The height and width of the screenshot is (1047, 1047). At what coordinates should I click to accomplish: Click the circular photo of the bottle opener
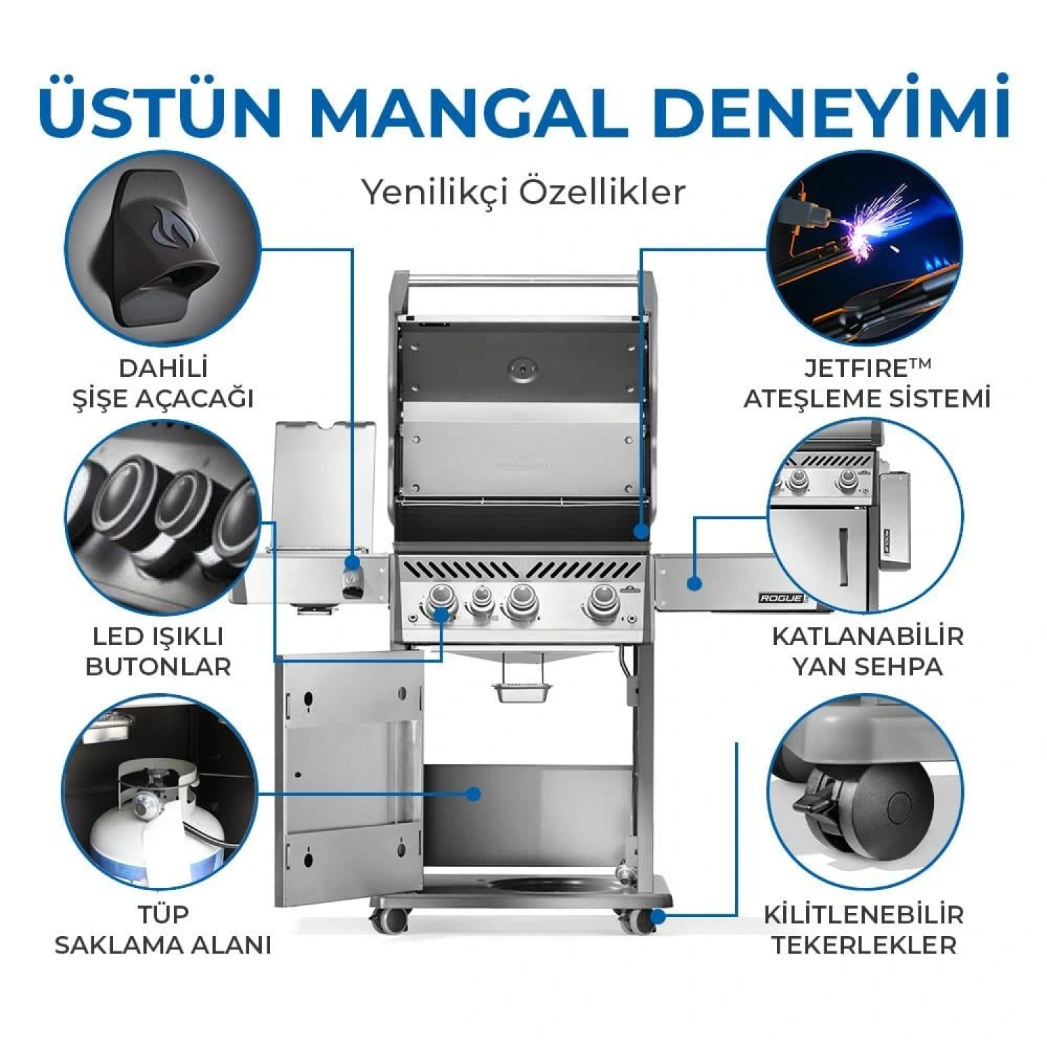(162, 248)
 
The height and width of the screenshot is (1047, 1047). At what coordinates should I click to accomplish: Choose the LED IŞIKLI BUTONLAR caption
(158, 651)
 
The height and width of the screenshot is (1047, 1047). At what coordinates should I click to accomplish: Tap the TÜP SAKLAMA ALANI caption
(162, 930)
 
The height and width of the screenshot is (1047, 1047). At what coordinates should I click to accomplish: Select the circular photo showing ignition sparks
(864, 250)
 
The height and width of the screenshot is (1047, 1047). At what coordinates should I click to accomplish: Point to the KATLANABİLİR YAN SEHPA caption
(867, 651)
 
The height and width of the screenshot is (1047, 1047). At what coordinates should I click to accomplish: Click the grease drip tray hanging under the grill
(521, 691)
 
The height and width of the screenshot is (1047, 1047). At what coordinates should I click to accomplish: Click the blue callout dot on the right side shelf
(693, 583)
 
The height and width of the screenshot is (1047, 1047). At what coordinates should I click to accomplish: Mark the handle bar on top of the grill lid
(522, 281)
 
